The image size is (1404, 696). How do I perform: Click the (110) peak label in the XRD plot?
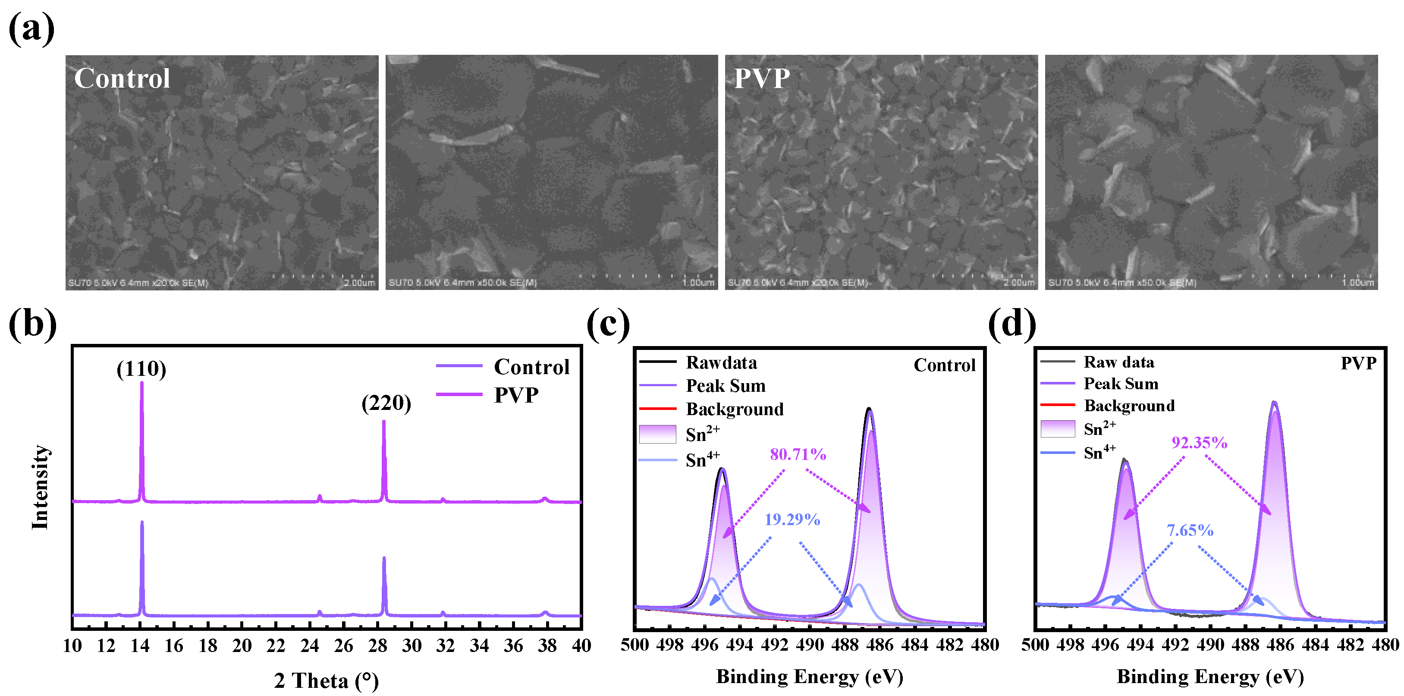tap(141, 369)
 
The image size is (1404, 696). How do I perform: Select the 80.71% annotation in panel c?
tap(798, 454)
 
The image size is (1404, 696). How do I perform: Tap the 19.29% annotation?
tap(792, 520)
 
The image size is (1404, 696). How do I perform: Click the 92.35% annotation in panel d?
tap(1199, 443)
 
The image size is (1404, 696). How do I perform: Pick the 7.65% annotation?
tap(1189, 530)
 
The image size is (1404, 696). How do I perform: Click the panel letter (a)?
tap(31, 28)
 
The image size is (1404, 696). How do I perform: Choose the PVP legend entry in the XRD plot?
tap(515, 394)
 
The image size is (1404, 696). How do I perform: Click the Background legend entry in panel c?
tap(734, 409)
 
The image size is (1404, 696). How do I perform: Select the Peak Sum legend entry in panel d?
tap(1121, 384)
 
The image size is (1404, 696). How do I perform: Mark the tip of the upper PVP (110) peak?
tap(142, 383)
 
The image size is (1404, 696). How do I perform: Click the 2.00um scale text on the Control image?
tap(359, 283)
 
